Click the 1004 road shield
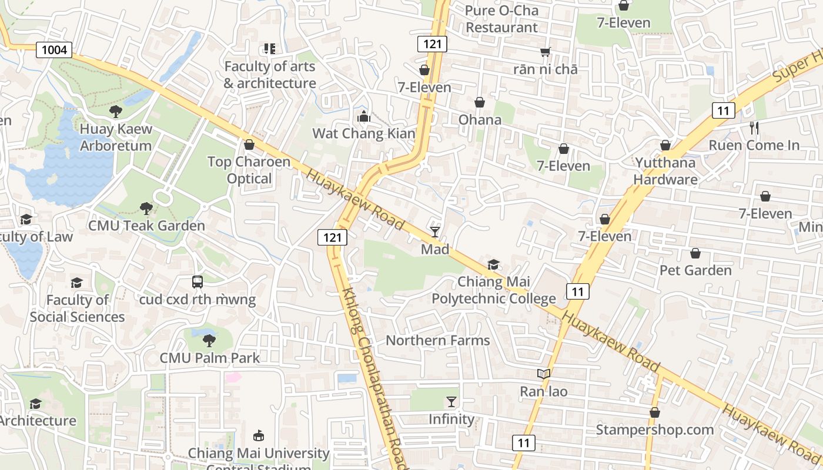click(x=54, y=50)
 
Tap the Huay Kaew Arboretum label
click(x=116, y=137)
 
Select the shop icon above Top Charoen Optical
click(x=249, y=145)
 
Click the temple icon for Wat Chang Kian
click(x=364, y=116)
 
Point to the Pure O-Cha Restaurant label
click(x=501, y=19)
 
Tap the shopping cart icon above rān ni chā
click(x=546, y=52)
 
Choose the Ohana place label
click(x=480, y=120)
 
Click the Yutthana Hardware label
click(x=665, y=171)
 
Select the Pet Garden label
click(x=695, y=270)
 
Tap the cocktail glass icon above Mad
click(x=435, y=232)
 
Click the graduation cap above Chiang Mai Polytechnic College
click(x=494, y=265)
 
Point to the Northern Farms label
click(x=437, y=340)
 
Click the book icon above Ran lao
click(x=544, y=374)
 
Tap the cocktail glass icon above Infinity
click(x=451, y=402)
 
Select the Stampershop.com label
click(x=655, y=429)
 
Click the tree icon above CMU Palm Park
click(x=209, y=340)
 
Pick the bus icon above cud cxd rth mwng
click(x=198, y=282)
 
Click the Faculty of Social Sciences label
click(x=78, y=308)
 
